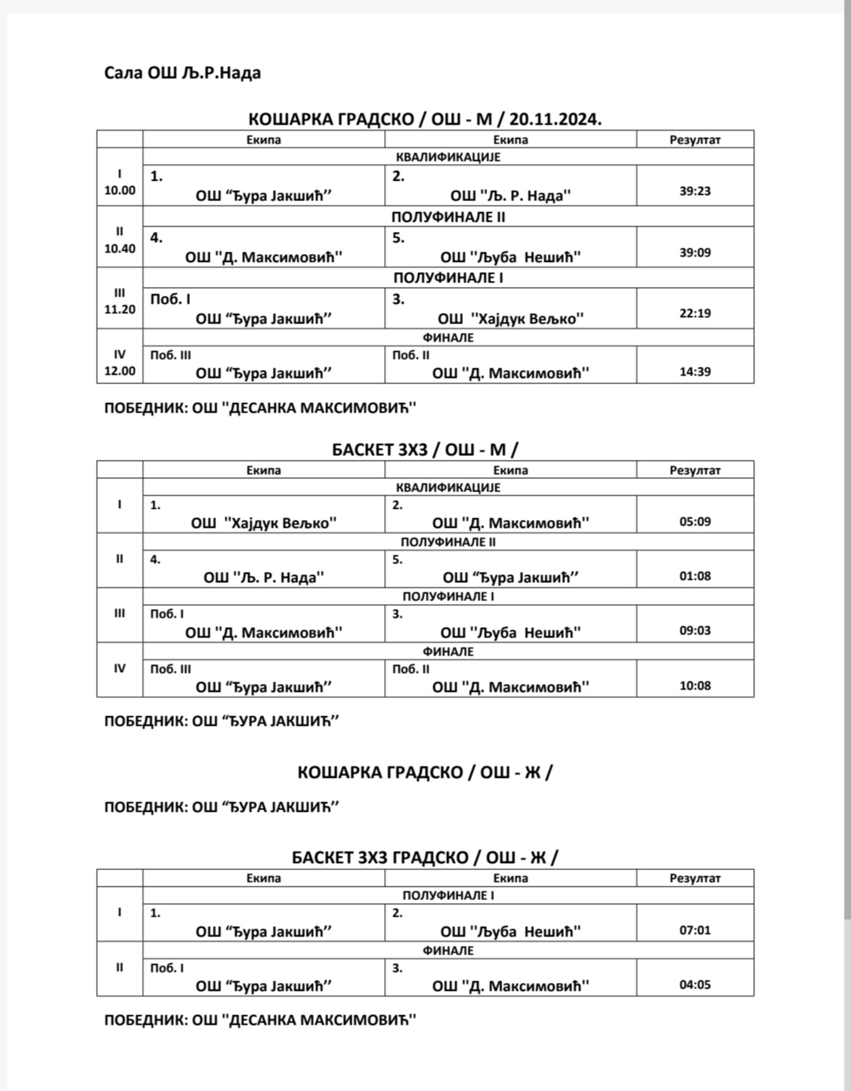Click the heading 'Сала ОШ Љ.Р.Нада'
[x=182, y=73]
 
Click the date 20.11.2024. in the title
[x=555, y=119]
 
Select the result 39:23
[x=695, y=191]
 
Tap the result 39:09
[x=695, y=252]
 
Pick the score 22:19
[x=695, y=313]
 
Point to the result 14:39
[x=695, y=372]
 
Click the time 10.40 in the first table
[x=120, y=248]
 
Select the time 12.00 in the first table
[x=120, y=371]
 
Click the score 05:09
[x=695, y=521]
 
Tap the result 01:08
[x=695, y=576]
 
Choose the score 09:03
[x=695, y=631]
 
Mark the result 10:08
[x=695, y=686]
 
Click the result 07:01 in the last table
[x=695, y=930]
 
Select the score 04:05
[x=695, y=985]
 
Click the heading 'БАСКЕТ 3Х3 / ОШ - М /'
[x=425, y=450]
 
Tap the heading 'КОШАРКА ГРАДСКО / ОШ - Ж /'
[x=425, y=772]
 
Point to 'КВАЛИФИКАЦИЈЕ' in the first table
[x=448, y=157]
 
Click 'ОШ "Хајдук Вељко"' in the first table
[x=510, y=319]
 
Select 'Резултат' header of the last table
[x=695, y=878]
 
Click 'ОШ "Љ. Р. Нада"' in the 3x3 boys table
[x=263, y=577]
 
